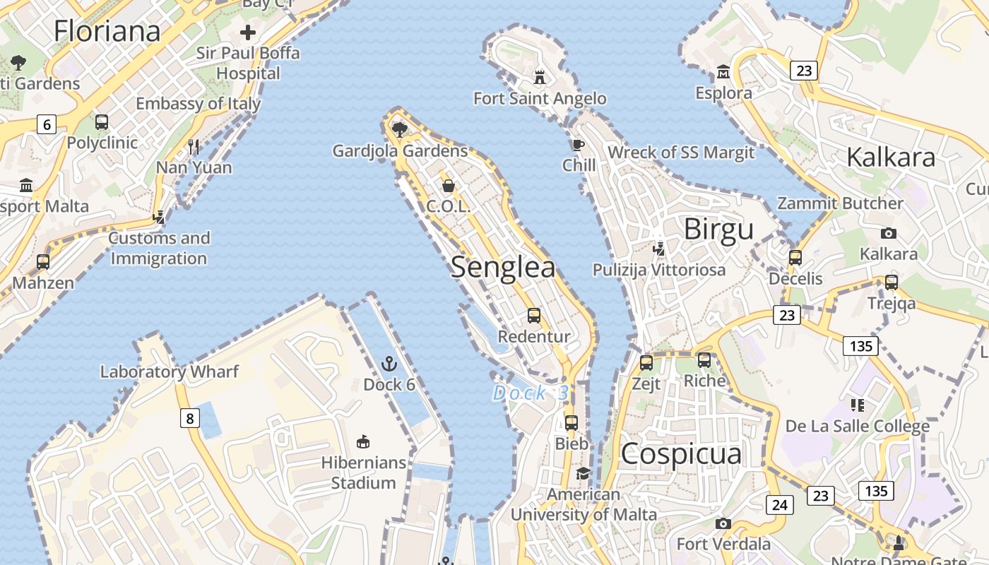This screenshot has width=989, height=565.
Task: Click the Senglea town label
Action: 503,268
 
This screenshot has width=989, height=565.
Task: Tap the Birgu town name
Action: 718,230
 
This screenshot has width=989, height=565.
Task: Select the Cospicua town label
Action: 681,454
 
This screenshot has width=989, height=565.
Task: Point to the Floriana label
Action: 107,31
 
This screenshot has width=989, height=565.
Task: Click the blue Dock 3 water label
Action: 530,393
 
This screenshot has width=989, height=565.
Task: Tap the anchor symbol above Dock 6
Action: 389,364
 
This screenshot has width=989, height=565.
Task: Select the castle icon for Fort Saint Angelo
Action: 540,76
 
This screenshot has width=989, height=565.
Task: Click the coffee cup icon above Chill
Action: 579,145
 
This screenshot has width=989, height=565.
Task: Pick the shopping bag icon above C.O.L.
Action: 448,186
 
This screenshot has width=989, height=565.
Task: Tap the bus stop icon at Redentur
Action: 534,316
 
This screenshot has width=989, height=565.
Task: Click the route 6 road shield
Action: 47,125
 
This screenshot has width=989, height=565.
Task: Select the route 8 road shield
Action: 189,418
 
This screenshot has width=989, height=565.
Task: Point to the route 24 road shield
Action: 780,504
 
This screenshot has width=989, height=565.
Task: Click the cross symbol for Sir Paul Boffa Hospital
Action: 248,32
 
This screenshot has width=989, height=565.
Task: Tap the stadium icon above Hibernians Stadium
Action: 363,442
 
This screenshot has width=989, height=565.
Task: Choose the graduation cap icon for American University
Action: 583,473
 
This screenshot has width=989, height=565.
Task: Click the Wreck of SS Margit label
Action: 681,153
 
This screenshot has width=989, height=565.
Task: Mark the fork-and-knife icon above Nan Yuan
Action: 194,147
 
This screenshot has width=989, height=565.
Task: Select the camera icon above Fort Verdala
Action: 723,523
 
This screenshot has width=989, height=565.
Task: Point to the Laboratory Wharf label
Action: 170,371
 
